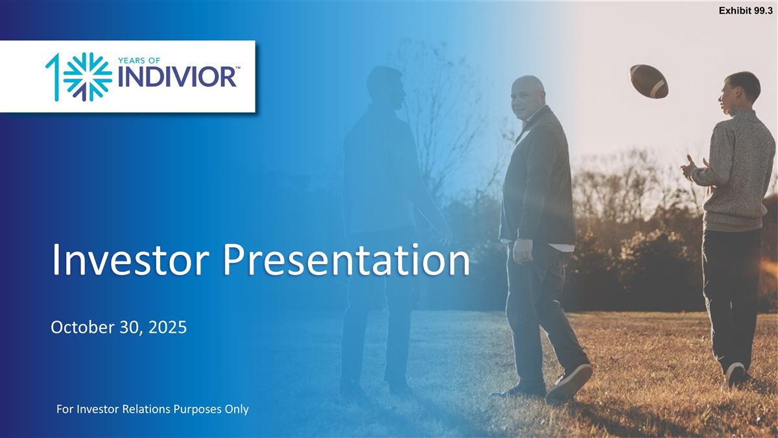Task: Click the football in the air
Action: click(x=649, y=81)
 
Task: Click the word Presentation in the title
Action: click(x=346, y=260)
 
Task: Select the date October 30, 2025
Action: click(x=119, y=327)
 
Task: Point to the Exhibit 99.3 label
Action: click(x=746, y=11)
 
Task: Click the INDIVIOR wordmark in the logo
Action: click(x=177, y=77)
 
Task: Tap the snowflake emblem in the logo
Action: click(x=88, y=77)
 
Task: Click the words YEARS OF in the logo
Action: click(x=139, y=61)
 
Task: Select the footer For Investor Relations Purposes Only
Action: click(x=152, y=409)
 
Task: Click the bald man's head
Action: click(x=527, y=97)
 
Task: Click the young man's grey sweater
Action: click(x=737, y=170)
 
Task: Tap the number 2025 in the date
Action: click(x=168, y=327)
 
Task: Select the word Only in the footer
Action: click(x=237, y=409)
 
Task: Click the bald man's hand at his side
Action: click(x=522, y=250)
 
